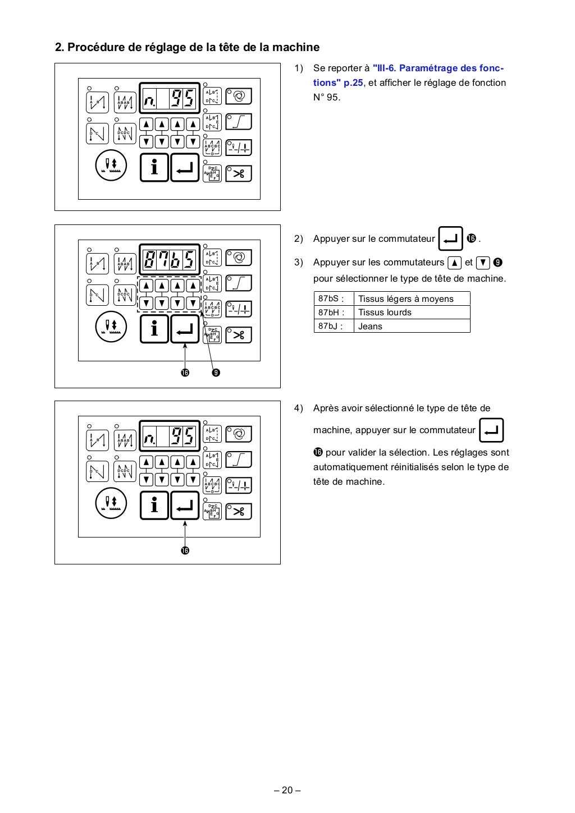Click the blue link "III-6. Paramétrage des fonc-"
[x=438, y=68]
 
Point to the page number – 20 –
[x=287, y=791]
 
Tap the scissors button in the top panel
[x=239, y=173]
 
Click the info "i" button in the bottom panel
[x=154, y=505]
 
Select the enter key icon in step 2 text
[x=450, y=239]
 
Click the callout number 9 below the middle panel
[x=216, y=372]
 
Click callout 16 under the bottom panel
[x=185, y=550]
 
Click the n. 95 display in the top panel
[x=169, y=99]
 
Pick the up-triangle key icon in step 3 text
[x=454, y=262]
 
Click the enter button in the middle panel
[x=185, y=329]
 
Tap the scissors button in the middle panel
[x=239, y=335]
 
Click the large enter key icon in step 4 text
[x=492, y=430]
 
